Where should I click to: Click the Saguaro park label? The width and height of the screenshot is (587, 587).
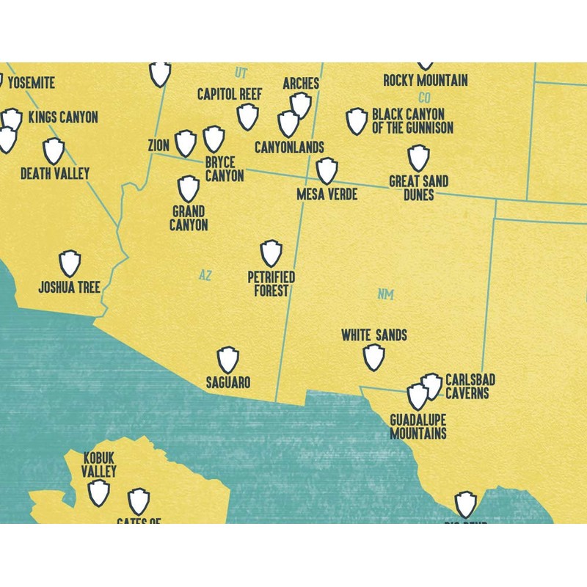(227, 383)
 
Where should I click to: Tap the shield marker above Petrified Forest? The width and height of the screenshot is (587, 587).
(271, 253)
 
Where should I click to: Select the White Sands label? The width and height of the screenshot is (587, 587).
(374, 335)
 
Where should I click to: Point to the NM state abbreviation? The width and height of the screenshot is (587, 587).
(386, 294)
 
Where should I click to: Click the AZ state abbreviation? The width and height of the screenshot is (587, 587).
(205, 275)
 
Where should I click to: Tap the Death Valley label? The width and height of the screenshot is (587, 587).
(54, 174)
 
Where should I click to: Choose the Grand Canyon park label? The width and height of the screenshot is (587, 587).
(189, 219)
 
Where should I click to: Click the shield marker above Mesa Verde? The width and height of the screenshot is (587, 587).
(327, 170)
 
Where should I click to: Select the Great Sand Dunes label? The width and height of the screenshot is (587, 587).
(418, 188)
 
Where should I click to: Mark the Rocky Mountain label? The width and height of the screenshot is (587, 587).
(426, 81)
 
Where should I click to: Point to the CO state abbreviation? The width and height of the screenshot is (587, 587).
(424, 98)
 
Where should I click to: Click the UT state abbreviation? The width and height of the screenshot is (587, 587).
(241, 73)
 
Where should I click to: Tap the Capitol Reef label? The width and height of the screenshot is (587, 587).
(230, 95)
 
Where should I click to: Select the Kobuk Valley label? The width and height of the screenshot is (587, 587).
(99, 464)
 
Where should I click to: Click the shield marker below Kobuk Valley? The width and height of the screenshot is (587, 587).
(99, 492)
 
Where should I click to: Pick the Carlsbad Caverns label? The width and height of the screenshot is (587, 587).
(470, 387)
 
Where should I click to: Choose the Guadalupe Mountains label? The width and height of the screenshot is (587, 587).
(418, 426)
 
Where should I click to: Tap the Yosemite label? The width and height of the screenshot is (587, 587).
(30, 83)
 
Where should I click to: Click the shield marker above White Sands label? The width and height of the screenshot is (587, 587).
(374, 357)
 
